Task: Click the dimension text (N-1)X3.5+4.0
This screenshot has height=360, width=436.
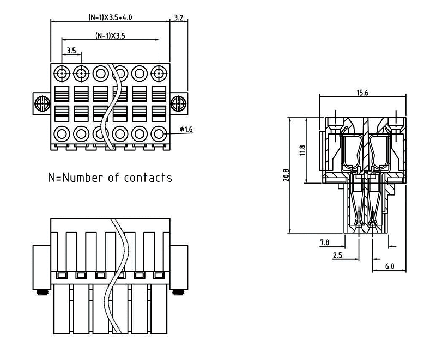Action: tap(110, 17)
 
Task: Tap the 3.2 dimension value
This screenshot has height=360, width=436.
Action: tap(178, 17)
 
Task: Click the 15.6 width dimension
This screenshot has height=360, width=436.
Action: tap(362, 93)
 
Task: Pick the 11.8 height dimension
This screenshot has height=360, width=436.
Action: tap(303, 150)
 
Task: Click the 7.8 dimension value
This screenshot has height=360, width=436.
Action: tap(324, 242)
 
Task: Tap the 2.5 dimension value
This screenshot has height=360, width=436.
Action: tap(337, 254)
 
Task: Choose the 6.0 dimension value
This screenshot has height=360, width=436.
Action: tap(389, 266)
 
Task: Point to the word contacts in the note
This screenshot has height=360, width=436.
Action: tap(148, 178)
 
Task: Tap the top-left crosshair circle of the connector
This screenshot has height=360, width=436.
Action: tap(62, 73)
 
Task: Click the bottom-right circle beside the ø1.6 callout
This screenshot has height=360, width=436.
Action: tap(159, 132)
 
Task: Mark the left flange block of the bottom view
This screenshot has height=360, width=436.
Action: tap(41, 266)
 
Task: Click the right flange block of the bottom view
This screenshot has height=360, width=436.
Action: tap(179, 266)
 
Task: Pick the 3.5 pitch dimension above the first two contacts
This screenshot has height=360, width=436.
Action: tap(71, 51)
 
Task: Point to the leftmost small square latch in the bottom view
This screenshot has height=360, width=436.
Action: tap(62, 274)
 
